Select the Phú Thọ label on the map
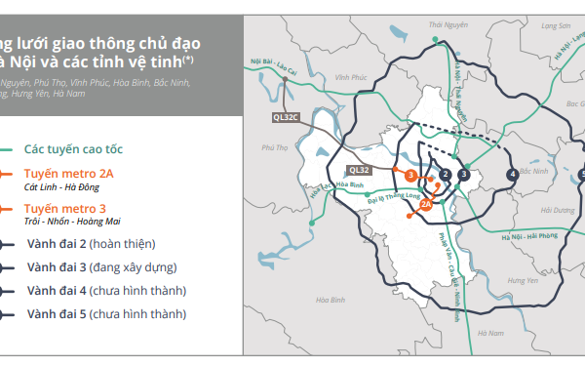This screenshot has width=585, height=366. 275,148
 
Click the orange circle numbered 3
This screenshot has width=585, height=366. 411,175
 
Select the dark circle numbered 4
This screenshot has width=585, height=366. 512,175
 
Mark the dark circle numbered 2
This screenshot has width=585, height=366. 445,175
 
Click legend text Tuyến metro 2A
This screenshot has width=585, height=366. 67,174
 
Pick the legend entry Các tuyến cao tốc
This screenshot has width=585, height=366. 87,149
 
